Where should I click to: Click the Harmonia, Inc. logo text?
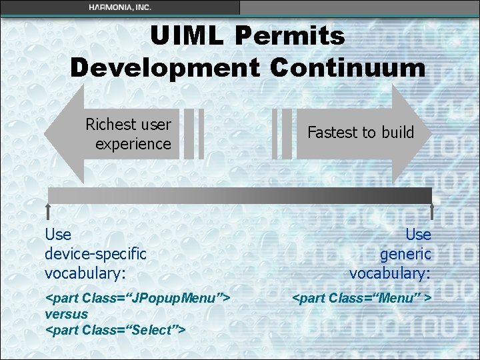[120, 7]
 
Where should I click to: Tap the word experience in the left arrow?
[133, 143]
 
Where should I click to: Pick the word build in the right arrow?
[396, 133]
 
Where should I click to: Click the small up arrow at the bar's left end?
[48, 211]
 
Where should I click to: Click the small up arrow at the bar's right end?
[432, 211]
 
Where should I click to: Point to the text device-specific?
[95, 254]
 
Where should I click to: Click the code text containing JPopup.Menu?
[137, 297]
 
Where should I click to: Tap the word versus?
[66, 313]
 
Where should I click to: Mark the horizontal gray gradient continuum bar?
[240, 195]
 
